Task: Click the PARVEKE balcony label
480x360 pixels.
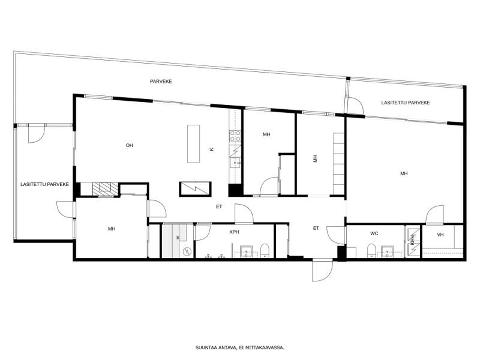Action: pyautogui.click(x=161, y=82)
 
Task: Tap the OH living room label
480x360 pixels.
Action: pyautogui.click(x=130, y=145)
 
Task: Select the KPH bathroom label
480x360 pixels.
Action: pyautogui.click(x=234, y=232)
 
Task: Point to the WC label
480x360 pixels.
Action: pyautogui.click(x=374, y=233)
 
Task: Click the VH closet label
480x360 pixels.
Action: pyautogui.click(x=440, y=235)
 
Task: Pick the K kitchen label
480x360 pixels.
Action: pyautogui.click(x=212, y=149)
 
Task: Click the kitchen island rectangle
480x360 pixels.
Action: pyautogui.click(x=193, y=143)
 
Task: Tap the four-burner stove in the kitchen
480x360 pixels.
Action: pyautogui.click(x=235, y=136)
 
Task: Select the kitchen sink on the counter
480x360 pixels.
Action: pyautogui.click(x=235, y=163)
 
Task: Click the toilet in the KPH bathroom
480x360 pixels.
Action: pyautogui.click(x=265, y=250)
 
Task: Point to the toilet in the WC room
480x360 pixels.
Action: pyautogui.click(x=371, y=251)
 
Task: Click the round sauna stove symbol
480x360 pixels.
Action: pyautogui.click(x=187, y=251)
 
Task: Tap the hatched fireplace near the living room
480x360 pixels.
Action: pyautogui.click(x=105, y=188)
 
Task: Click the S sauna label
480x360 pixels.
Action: pyautogui.click(x=178, y=238)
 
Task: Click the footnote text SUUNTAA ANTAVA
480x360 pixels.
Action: pyautogui.click(x=216, y=347)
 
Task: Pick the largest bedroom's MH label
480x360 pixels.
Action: pyautogui.click(x=404, y=173)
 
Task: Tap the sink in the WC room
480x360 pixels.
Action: pyautogui.click(x=387, y=251)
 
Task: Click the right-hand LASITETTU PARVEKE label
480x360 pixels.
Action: pyautogui.click(x=406, y=103)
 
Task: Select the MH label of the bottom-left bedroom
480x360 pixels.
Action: pyautogui.click(x=112, y=229)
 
